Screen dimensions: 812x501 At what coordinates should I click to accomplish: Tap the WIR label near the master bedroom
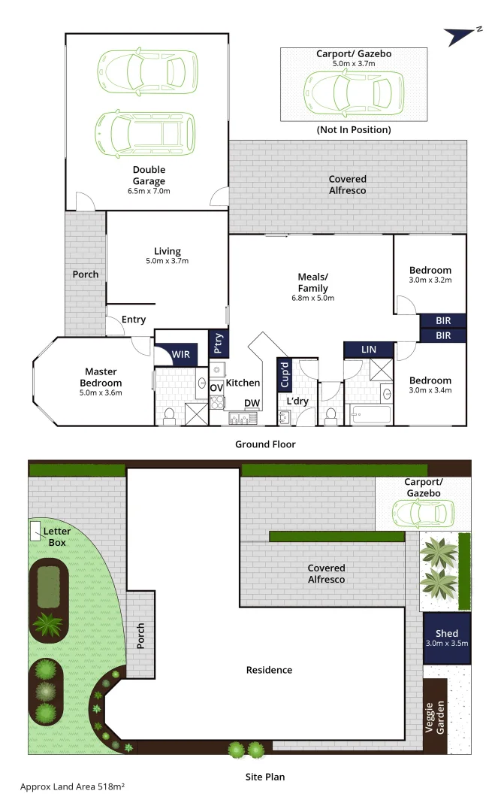point(180,353)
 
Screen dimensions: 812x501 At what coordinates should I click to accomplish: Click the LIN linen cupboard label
point(369,350)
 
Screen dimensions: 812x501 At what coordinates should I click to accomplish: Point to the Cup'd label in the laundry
point(285,374)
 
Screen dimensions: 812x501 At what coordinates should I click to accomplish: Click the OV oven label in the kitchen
point(216,387)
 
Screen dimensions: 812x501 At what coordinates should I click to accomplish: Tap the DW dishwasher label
point(252,404)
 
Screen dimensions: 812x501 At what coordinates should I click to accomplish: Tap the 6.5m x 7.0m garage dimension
point(149,191)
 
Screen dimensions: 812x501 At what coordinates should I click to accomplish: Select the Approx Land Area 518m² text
point(72,786)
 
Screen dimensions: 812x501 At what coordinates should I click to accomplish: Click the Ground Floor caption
point(265,444)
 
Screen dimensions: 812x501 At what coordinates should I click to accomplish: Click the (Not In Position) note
point(354,129)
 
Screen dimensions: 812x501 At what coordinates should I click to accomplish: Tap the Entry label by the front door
point(134,320)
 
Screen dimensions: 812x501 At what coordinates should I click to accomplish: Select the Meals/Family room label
point(313,282)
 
